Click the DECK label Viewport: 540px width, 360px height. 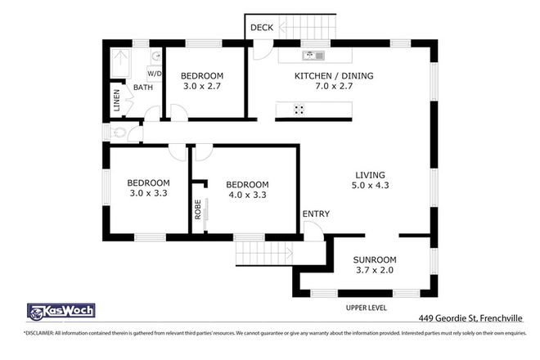262,27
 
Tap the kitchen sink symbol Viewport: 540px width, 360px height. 313,56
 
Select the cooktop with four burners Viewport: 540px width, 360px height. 299,109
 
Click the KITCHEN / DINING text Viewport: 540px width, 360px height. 334,76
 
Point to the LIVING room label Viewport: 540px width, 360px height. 370,174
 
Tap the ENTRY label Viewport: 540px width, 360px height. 316,214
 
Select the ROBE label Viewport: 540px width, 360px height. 197,209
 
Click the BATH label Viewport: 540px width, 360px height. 143,88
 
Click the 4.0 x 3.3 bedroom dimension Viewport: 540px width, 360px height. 247,195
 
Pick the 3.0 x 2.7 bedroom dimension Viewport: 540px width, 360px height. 201,85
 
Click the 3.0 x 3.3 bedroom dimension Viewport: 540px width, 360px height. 148,195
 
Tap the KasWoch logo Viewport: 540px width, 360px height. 61,311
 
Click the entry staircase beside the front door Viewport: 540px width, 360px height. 263,254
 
